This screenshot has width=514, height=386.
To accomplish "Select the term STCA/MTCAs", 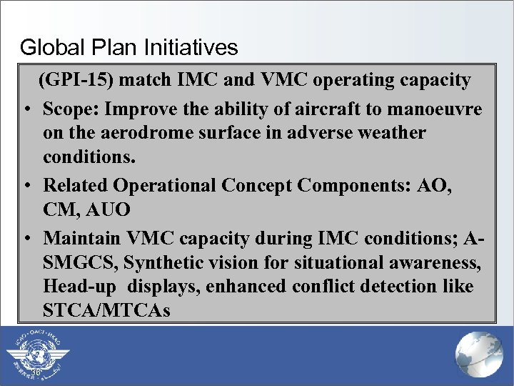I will click(x=106, y=312).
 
